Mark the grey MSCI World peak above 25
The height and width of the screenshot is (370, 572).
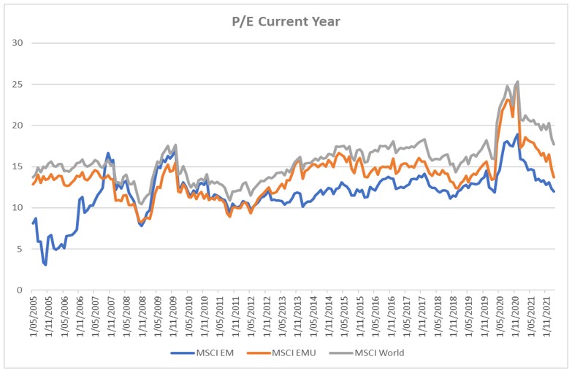point(517,82)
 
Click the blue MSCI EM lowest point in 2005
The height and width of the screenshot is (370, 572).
point(45,264)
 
